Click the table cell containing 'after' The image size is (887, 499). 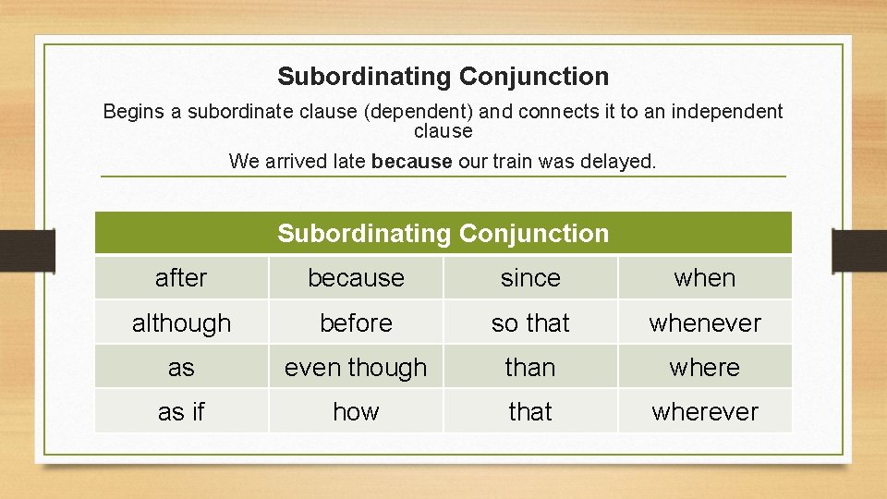(181, 277)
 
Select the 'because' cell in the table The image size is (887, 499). (356, 277)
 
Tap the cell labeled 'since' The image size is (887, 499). (530, 277)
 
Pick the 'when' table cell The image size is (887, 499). (705, 277)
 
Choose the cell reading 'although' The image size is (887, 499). (181, 323)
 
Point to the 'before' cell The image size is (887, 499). (356, 323)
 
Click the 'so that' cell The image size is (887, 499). (530, 323)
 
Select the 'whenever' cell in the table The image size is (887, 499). (705, 323)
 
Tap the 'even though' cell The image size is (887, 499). (356, 367)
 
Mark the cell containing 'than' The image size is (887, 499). (530, 367)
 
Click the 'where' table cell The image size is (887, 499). (705, 367)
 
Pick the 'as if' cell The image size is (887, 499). (181, 411)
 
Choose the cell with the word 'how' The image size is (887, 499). (356, 411)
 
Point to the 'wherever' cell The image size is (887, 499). (705, 411)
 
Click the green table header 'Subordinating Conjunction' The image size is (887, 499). (443, 233)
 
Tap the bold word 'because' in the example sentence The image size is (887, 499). (412, 161)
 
